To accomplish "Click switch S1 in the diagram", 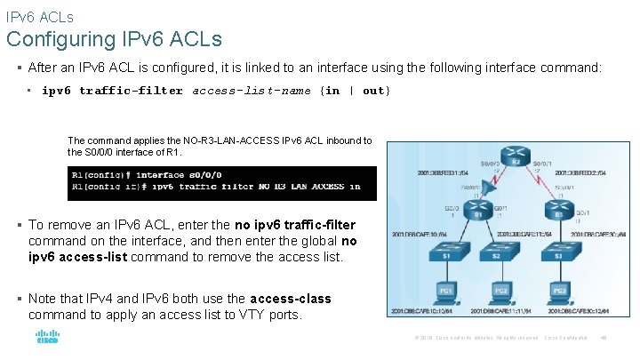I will [445, 257].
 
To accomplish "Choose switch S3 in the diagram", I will [559, 257].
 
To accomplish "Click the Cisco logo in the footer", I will [46, 338].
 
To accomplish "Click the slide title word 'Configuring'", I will [59, 39].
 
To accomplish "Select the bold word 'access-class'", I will [291, 299].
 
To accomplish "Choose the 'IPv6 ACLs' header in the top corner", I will [39, 16].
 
